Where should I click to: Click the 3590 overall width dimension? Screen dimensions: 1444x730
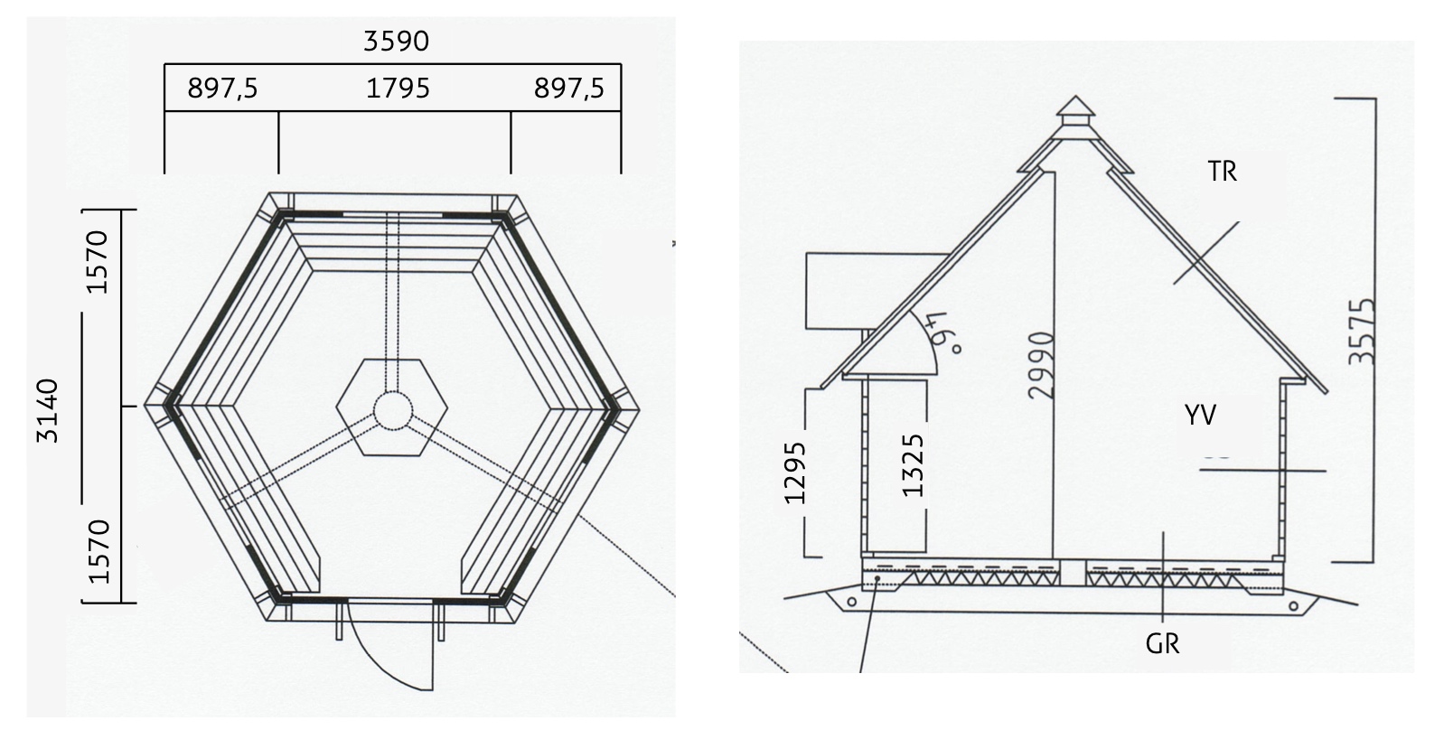click(396, 42)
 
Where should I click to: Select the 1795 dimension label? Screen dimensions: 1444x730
click(398, 88)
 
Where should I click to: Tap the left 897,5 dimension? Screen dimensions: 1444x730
click(222, 89)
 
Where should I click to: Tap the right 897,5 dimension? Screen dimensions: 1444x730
click(569, 89)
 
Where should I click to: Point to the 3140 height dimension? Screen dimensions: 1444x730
click(48, 410)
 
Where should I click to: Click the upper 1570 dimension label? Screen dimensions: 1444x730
click(98, 262)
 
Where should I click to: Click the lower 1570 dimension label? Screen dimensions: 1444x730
click(98, 551)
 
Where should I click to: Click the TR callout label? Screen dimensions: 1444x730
click(1223, 172)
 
